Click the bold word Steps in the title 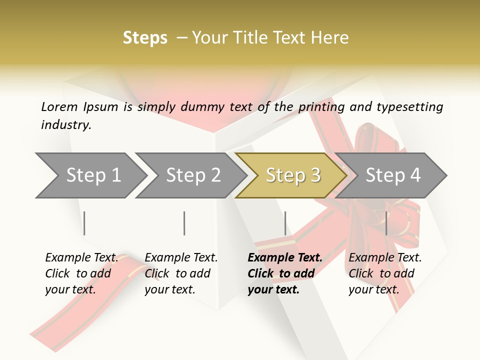click(x=145, y=38)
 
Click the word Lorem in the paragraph click(x=59, y=106)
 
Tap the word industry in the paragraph click(x=66, y=125)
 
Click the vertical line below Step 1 click(x=84, y=223)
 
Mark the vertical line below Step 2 click(x=184, y=223)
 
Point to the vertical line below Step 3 click(x=285, y=223)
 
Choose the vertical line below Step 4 click(x=386, y=223)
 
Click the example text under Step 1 click(x=81, y=273)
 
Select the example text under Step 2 click(x=181, y=273)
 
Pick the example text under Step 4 click(x=385, y=273)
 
